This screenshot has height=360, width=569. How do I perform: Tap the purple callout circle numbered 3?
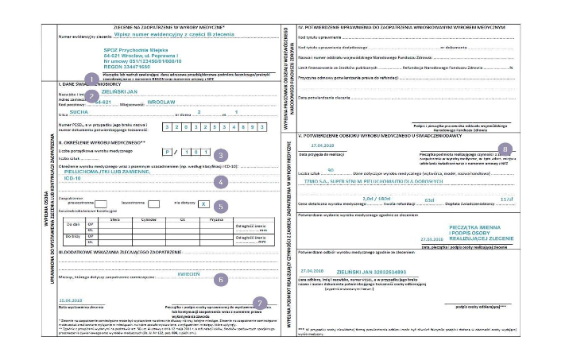[222, 154]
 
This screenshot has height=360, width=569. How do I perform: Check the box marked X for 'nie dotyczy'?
[205, 203]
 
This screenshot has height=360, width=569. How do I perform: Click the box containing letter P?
[168, 150]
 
